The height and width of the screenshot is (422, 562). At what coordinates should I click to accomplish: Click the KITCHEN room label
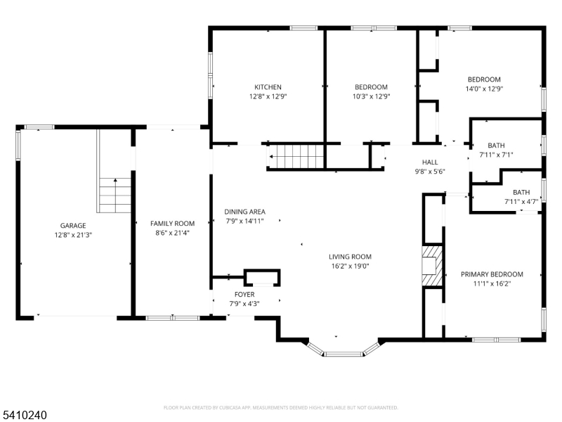pyautogui.click(x=268, y=87)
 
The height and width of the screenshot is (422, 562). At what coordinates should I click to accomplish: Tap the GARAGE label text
pyautogui.click(x=73, y=226)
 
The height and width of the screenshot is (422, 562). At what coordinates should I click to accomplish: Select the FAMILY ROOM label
pyautogui.click(x=172, y=224)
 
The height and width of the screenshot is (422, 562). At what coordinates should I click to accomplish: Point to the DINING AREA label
pyautogui.click(x=244, y=212)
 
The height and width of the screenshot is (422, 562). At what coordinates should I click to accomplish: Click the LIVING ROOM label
pyautogui.click(x=350, y=257)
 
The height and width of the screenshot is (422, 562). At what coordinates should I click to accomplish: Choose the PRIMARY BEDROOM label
pyautogui.click(x=492, y=274)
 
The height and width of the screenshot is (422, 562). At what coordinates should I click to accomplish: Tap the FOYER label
pyautogui.click(x=244, y=294)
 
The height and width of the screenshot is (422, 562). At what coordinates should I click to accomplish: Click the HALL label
pyautogui.click(x=430, y=162)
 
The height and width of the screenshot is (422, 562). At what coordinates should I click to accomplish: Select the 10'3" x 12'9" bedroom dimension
pyautogui.click(x=372, y=96)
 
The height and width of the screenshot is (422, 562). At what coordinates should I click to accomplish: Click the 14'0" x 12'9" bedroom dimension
pyautogui.click(x=484, y=89)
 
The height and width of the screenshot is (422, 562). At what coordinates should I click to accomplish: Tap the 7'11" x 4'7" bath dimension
pyautogui.click(x=521, y=202)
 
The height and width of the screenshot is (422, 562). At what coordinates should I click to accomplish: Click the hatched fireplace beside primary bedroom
pyautogui.click(x=433, y=265)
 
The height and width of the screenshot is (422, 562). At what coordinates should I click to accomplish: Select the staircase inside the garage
pyautogui.click(x=115, y=194)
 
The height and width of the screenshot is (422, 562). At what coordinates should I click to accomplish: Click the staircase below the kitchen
pyautogui.click(x=295, y=155)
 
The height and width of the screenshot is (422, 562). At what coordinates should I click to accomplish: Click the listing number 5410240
pyautogui.click(x=24, y=416)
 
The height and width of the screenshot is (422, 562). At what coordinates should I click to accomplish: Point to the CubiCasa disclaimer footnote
pyautogui.click(x=280, y=407)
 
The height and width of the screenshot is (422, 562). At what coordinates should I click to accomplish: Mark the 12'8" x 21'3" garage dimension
pyautogui.click(x=73, y=235)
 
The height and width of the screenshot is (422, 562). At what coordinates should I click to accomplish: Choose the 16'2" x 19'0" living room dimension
pyautogui.click(x=350, y=266)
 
